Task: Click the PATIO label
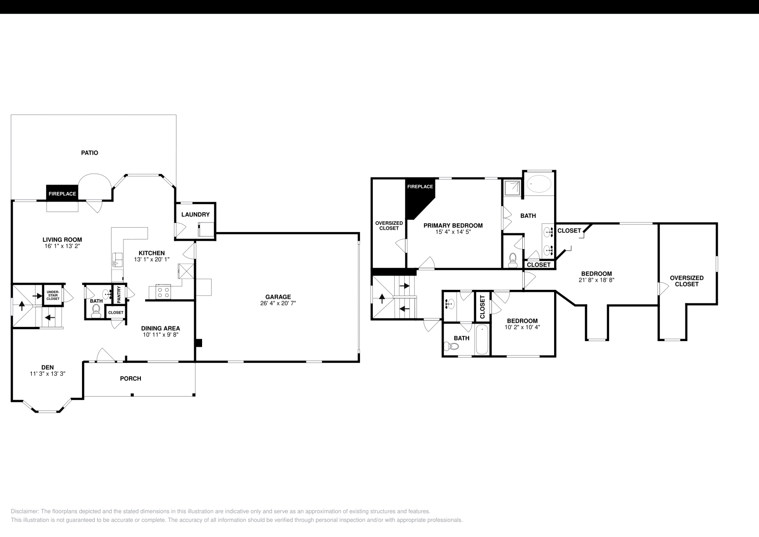89,153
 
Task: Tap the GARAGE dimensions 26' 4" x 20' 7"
278,303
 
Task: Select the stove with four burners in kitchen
163,291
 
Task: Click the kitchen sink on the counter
117,260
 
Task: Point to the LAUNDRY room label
195,214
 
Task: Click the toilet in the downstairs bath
96,311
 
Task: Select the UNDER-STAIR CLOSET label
53,295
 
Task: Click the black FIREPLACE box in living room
62,194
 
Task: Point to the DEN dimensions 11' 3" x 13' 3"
47,374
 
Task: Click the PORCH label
130,378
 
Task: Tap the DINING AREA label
160,328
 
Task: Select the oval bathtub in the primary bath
539,183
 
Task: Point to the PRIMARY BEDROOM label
453,225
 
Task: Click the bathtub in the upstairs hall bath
482,340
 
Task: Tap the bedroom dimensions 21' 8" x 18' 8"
596,280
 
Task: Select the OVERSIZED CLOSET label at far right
686,281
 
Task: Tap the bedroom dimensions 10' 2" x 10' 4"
522,327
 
